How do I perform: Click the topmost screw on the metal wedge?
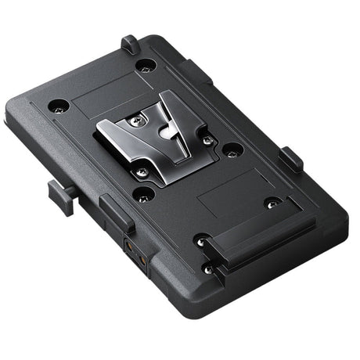[x=139, y=119]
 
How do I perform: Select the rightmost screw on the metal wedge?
[x=208, y=141]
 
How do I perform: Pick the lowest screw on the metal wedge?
[x=142, y=171]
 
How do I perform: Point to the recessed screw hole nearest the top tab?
[x=143, y=67]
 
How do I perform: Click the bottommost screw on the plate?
[x=207, y=268]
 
